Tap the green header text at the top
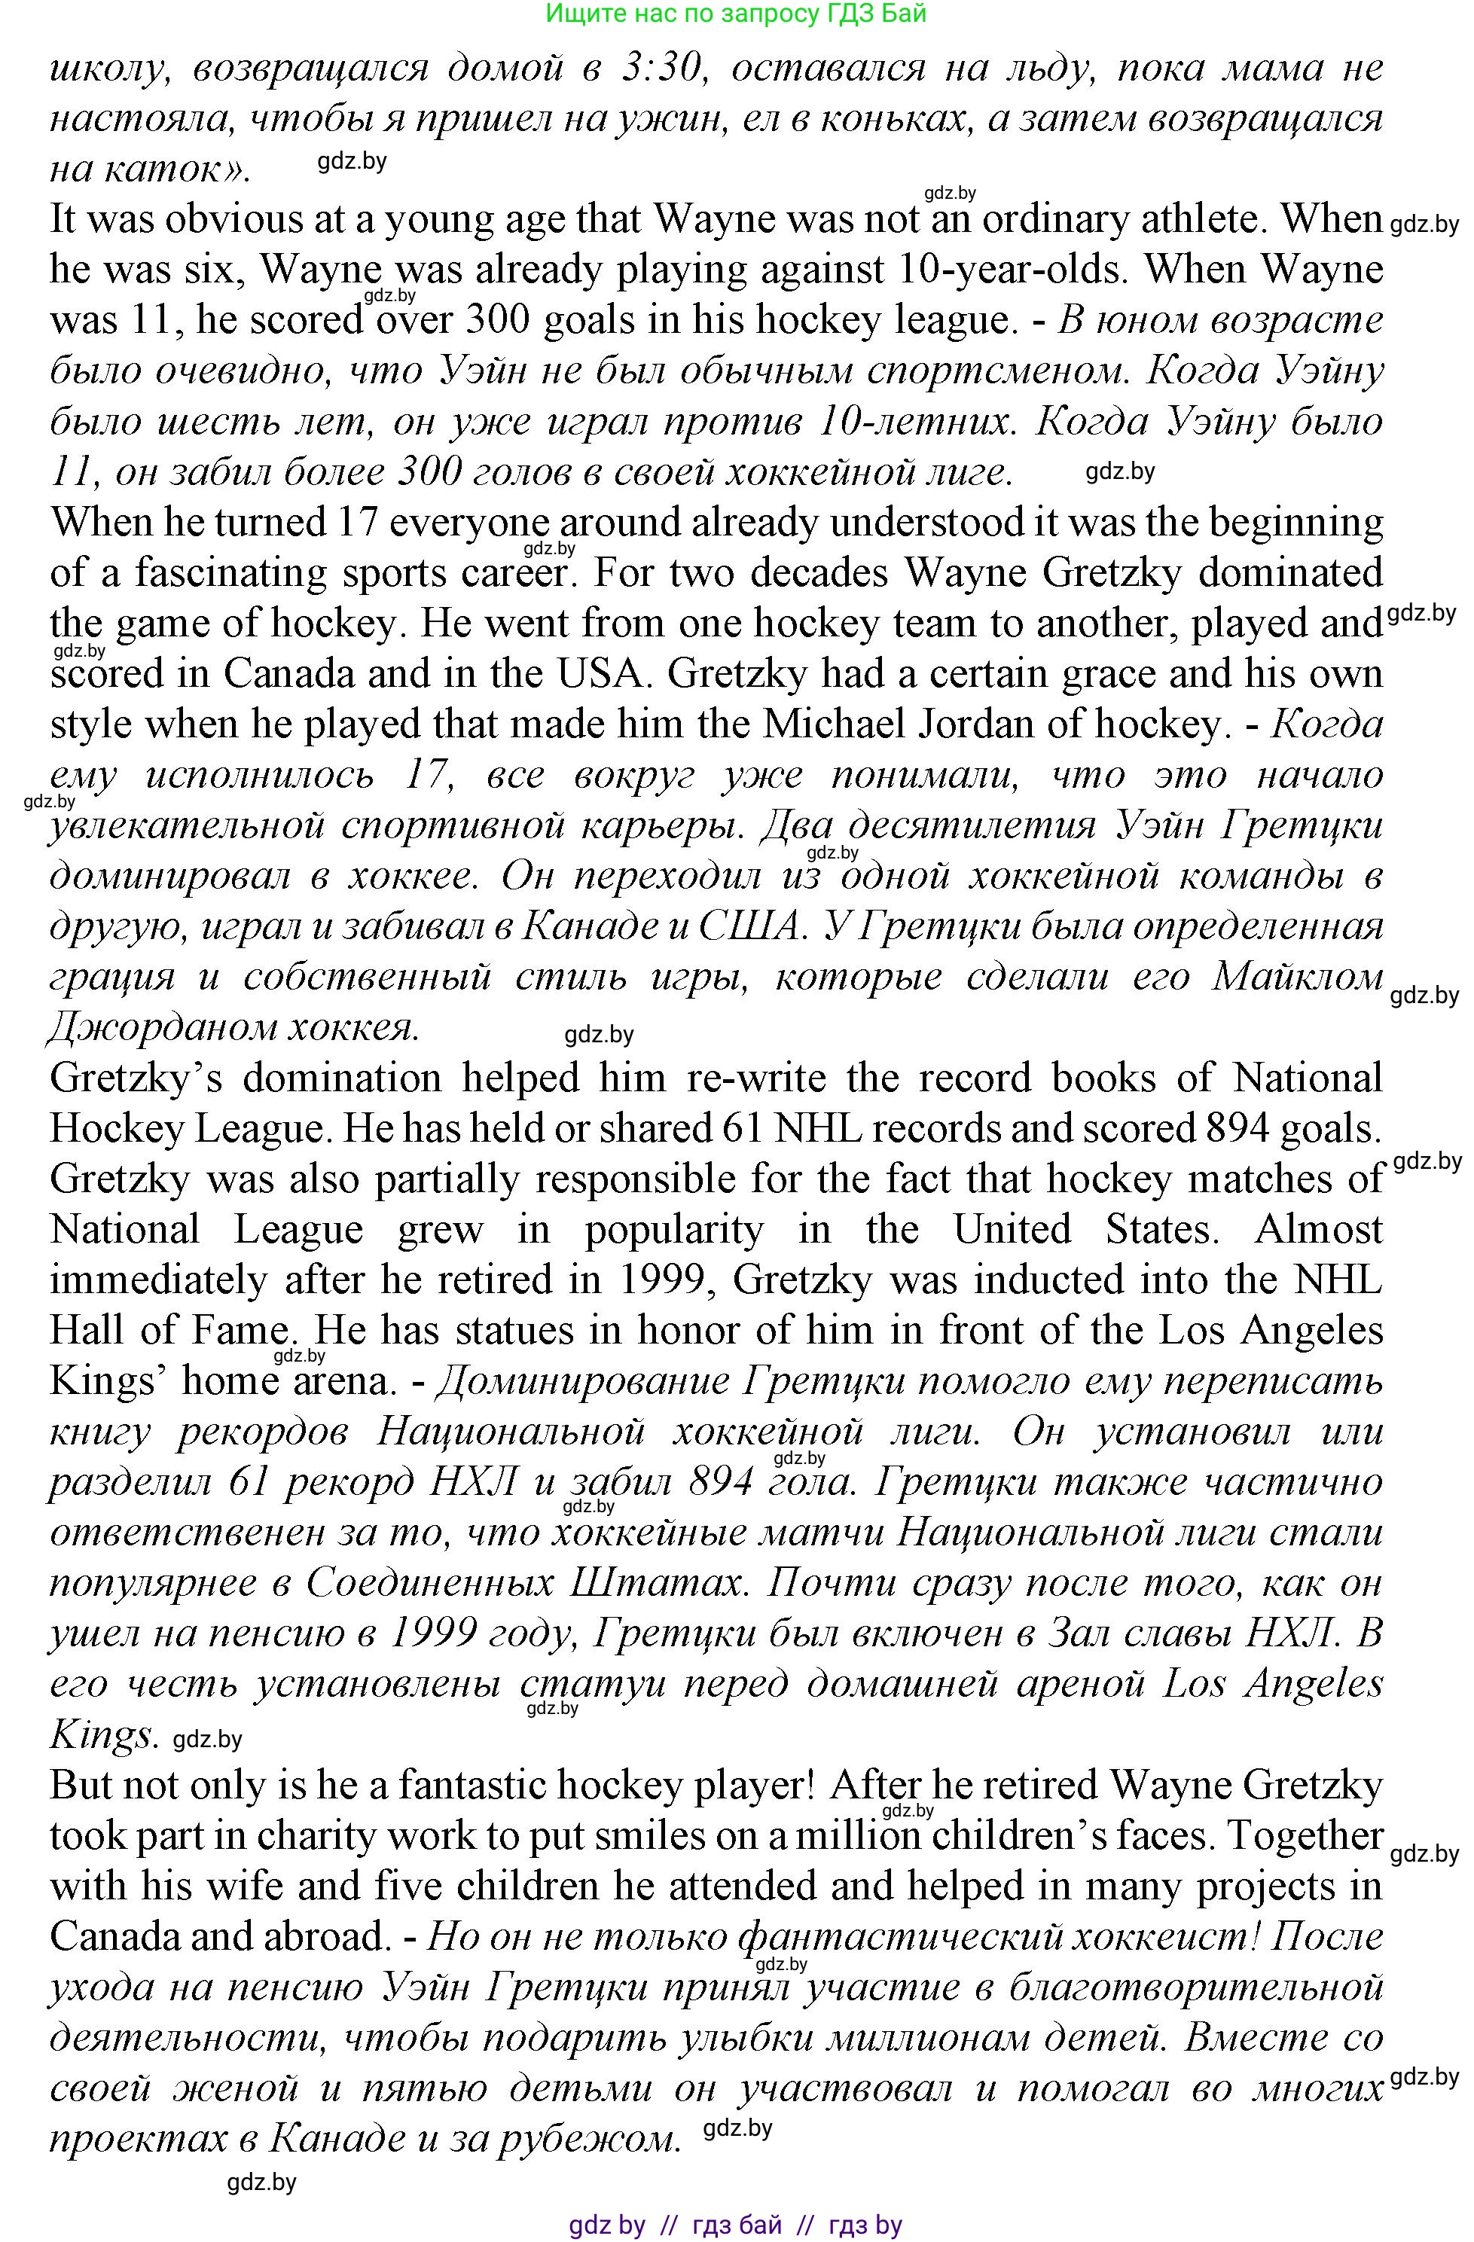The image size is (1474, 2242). point(736,14)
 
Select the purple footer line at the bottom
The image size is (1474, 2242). point(736,2225)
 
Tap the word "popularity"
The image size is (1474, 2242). point(673,1229)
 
